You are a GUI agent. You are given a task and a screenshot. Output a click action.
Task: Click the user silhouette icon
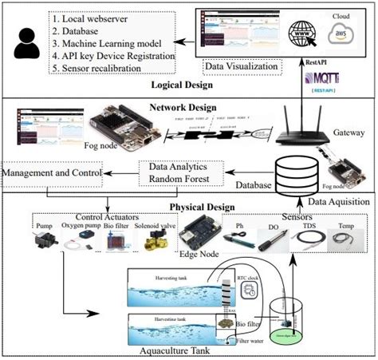(x=26, y=45)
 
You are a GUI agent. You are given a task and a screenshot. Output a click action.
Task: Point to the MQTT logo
(x=324, y=81)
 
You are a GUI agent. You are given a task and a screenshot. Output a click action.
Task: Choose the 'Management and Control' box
(x=53, y=172)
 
